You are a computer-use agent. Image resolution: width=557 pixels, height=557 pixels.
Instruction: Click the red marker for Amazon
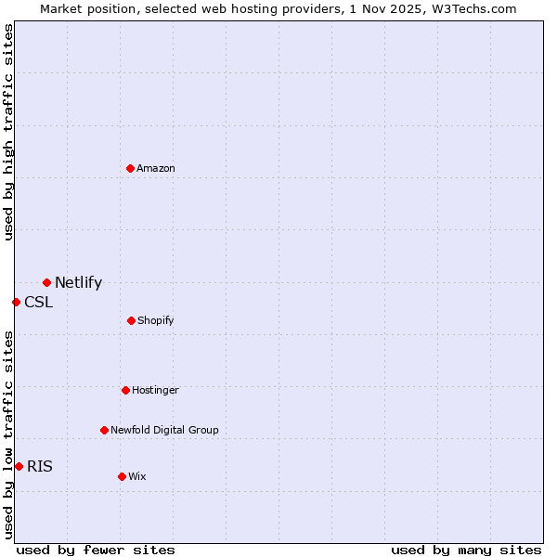pyautogui.click(x=131, y=168)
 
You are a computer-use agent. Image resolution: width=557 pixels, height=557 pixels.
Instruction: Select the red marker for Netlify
pyautogui.click(x=46, y=282)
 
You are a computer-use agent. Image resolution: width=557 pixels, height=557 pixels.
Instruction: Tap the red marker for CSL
pyautogui.click(x=16, y=302)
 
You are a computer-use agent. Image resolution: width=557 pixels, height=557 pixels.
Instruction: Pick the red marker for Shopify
pyautogui.click(x=131, y=320)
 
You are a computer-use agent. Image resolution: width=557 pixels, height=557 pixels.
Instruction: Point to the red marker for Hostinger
pyautogui.click(x=125, y=390)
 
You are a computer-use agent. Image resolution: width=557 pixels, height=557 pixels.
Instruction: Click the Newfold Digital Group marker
pyautogui.click(x=104, y=430)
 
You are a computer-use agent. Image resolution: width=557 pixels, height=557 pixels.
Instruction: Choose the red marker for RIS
pyautogui.click(x=19, y=466)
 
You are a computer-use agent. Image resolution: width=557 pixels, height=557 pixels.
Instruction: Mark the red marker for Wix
pyautogui.click(x=122, y=476)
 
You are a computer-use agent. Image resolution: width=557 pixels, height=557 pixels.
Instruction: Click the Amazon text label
pyautogui.click(x=156, y=168)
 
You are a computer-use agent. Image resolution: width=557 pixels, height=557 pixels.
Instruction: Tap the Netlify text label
pyautogui.click(x=78, y=282)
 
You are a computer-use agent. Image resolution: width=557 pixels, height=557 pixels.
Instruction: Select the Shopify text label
pyautogui.click(x=156, y=320)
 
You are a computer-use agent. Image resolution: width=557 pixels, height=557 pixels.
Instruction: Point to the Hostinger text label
pyautogui.click(x=155, y=390)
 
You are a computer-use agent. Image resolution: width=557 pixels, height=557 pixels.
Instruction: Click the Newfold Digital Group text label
pyautogui.click(x=164, y=430)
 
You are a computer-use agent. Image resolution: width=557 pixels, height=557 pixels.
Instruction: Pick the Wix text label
pyautogui.click(x=137, y=476)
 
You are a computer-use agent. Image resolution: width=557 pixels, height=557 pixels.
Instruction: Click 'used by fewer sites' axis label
pyautogui.click(x=96, y=550)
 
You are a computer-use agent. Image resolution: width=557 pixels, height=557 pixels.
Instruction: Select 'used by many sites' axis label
pyautogui.click(x=466, y=550)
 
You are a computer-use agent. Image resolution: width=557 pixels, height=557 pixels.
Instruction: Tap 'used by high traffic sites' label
pyautogui.click(x=8, y=132)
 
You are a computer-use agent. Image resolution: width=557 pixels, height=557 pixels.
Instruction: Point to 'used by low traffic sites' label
pyautogui.click(x=8, y=434)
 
